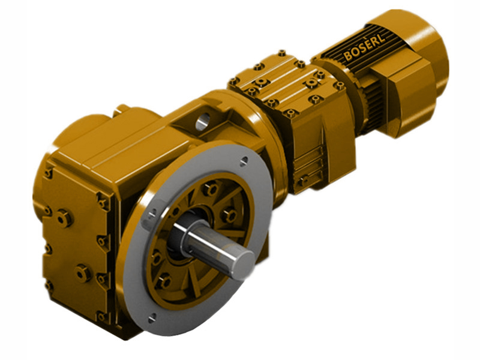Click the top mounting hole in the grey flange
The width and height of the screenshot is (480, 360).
(x=243, y=161)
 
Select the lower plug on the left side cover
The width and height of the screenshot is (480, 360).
(x=82, y=274)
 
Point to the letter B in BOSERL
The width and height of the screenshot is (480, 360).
(x=348, y=56)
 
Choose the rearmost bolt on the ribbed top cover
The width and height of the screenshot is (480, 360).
(x=281, y=53)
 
